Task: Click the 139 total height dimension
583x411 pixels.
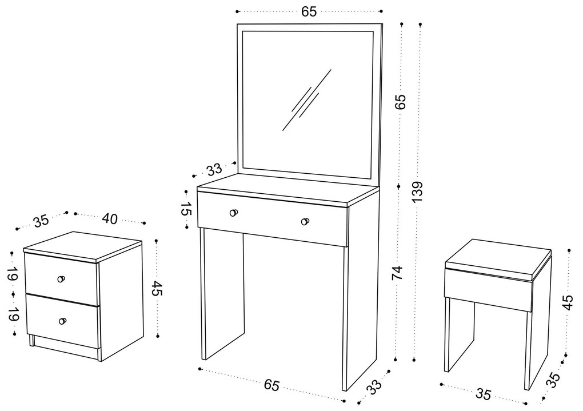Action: (418, 191)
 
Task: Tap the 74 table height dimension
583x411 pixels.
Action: (397, 273)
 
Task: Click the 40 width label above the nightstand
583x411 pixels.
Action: (109, 219)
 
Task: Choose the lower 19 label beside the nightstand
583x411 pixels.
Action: (13, 314)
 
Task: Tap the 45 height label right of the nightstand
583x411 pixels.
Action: (158, 288)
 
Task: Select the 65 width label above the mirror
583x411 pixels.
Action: (309, 11)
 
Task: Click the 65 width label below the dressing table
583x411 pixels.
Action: (272, 385)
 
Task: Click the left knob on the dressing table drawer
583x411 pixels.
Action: (234, 213)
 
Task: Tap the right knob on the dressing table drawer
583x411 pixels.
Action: (305, 222)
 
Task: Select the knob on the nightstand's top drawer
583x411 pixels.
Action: (61, 279)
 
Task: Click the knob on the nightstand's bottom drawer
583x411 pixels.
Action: (62, 321)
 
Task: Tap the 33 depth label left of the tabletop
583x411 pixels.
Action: (214, 170)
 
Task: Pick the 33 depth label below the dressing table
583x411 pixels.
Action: (374, 386)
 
